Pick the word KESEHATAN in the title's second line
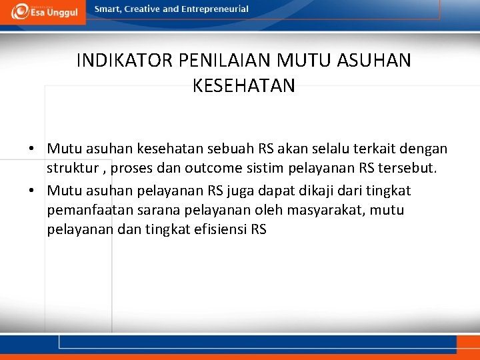click(x=243, y=86)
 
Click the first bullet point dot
click(x=32, y=149)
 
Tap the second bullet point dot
click(x=32, y=191)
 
